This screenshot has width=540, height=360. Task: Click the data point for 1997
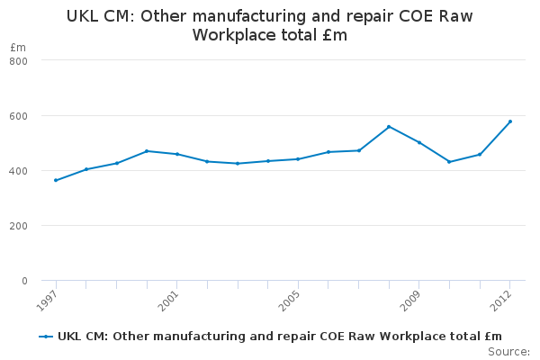56,180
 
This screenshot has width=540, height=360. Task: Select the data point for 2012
510,121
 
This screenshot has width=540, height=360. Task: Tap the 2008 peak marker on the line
389,127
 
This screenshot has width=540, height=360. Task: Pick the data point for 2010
449,162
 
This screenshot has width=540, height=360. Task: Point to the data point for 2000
147,151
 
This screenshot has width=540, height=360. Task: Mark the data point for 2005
298,159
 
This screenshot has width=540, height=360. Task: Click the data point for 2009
419,142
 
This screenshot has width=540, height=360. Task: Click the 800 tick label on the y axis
18,61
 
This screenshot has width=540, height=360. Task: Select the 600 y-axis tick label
18,116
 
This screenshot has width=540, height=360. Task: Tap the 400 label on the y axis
18,171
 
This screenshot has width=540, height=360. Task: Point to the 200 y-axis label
18,226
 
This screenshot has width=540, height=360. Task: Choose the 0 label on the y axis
24,281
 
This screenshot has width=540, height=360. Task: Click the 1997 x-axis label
47,301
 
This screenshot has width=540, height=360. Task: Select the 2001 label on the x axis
168,301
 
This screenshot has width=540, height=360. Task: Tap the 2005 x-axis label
289,301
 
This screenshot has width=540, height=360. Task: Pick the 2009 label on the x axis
410,301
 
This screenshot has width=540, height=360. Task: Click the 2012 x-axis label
501,301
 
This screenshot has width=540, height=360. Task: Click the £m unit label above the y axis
18,47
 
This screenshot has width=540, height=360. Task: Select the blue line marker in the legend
46,337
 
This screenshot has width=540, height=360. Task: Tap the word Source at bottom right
508,352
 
